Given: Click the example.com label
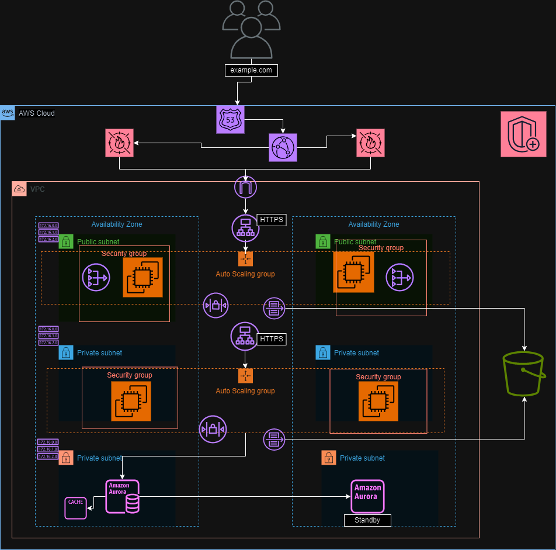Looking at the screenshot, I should pyautogui.click(x=251, y=70).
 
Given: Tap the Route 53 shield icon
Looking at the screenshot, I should pyautogui.click(x=230, y=120).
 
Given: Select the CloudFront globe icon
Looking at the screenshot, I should pyautogui.click(x=283, y=147).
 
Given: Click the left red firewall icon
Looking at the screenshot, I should pyautogui.click(x=119, y=143).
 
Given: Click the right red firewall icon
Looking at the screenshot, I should pyautogui.click(x=370, y=143).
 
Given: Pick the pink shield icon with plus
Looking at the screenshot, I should pyautogui.click(x=523, y=134).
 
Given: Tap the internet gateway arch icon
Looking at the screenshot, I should pyautogui.click(x=245, y=188).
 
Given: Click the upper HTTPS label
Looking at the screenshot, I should pyautogui.click(x=271, y=220).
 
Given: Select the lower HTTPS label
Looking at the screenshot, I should pyautogui.click(x=271, y=338).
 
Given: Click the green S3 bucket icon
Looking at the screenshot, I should pyautogui.click(x=524, y=373).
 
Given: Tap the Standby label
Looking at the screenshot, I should pyautogui.click(x=367, y=520).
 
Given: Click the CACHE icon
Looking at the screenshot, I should pyautogui.click(x=75, y=507).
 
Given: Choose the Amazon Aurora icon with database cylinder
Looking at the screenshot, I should pyautogui.click(x=123, y=496).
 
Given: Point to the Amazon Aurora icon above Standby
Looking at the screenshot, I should pyautogui.click(x=368, y=496).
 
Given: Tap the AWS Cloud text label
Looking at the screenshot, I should pyautogui.click(x=37, y=113).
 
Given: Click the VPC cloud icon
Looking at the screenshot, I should pyautogui.click(x=19, y=189).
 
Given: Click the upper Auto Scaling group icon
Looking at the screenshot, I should pyautogui.click(x=245, y=258).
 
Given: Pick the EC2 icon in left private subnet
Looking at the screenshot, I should pyautogui.click(x=131, y=401).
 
